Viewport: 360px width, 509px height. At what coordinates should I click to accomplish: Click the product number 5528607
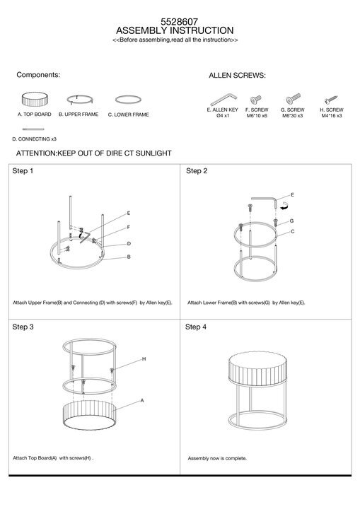click(179, 22)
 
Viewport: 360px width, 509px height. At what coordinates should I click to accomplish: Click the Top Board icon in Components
click(35, 100)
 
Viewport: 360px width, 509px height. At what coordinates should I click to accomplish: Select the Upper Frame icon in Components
click(80, 100)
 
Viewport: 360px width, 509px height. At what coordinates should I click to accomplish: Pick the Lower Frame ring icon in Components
click(128, 100)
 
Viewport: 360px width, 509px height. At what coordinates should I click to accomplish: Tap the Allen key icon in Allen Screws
click(223, 100)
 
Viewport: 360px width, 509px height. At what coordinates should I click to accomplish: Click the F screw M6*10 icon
click(256, 100)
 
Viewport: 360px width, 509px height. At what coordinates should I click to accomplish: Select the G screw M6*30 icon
click(293, 99)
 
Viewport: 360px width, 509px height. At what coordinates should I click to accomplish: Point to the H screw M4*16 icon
click(331, 100)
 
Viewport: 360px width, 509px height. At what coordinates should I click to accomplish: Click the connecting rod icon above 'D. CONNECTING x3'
click(33, 129)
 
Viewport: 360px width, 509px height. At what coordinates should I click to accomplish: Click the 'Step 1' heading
click(23, 171)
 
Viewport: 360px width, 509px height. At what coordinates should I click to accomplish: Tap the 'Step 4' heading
click(196, 327)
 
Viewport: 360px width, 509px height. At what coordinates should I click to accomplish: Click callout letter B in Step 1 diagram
click(129, 257)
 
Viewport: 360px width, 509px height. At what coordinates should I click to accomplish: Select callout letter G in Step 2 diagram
click(291, 221)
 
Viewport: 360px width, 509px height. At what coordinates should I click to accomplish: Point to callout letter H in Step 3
click(144, 358)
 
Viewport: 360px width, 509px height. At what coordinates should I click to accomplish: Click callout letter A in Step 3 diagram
click(142, 401)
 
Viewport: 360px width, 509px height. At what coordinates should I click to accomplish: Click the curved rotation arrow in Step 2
click(284, 206)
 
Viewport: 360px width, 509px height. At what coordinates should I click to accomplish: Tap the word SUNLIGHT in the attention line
click(153, 153)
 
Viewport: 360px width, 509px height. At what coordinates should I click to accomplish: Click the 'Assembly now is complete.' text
click(217, 458)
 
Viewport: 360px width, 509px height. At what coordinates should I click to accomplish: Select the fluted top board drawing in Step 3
click(89, 416)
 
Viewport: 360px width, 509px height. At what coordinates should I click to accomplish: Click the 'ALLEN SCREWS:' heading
click(237, 76)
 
